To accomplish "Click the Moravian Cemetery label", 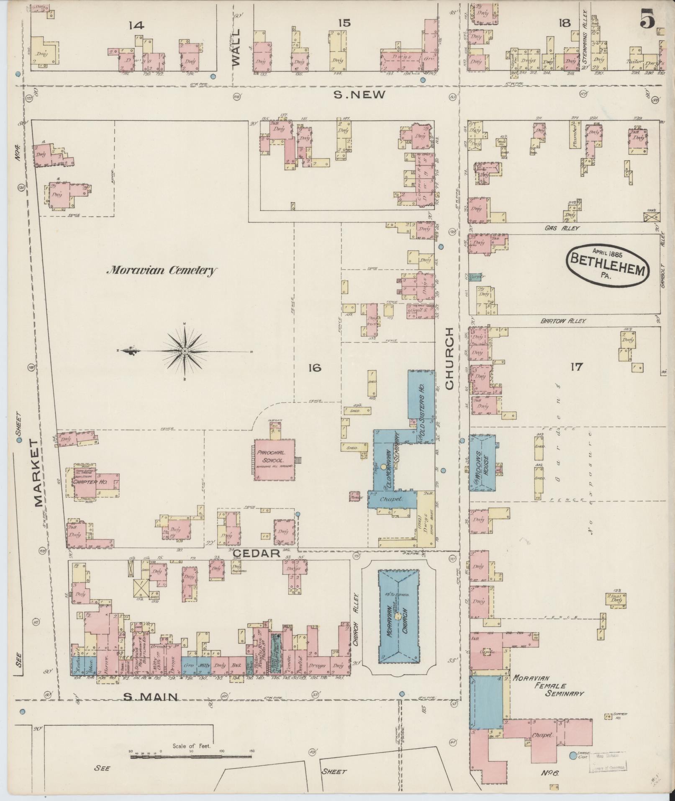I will click(x=162, y=271).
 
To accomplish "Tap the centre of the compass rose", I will click(x=185, y=350).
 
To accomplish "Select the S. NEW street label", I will click(x=359, y=95).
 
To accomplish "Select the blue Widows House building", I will click(x=483, y=462).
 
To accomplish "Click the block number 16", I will click(x=315, y=368).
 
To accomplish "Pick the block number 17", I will click(x=576, y=367).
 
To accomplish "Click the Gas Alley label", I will click(x=562, y=228).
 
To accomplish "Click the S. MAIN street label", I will click(x=151, y=697).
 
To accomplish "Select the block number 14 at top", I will click(x=136, y=26).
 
